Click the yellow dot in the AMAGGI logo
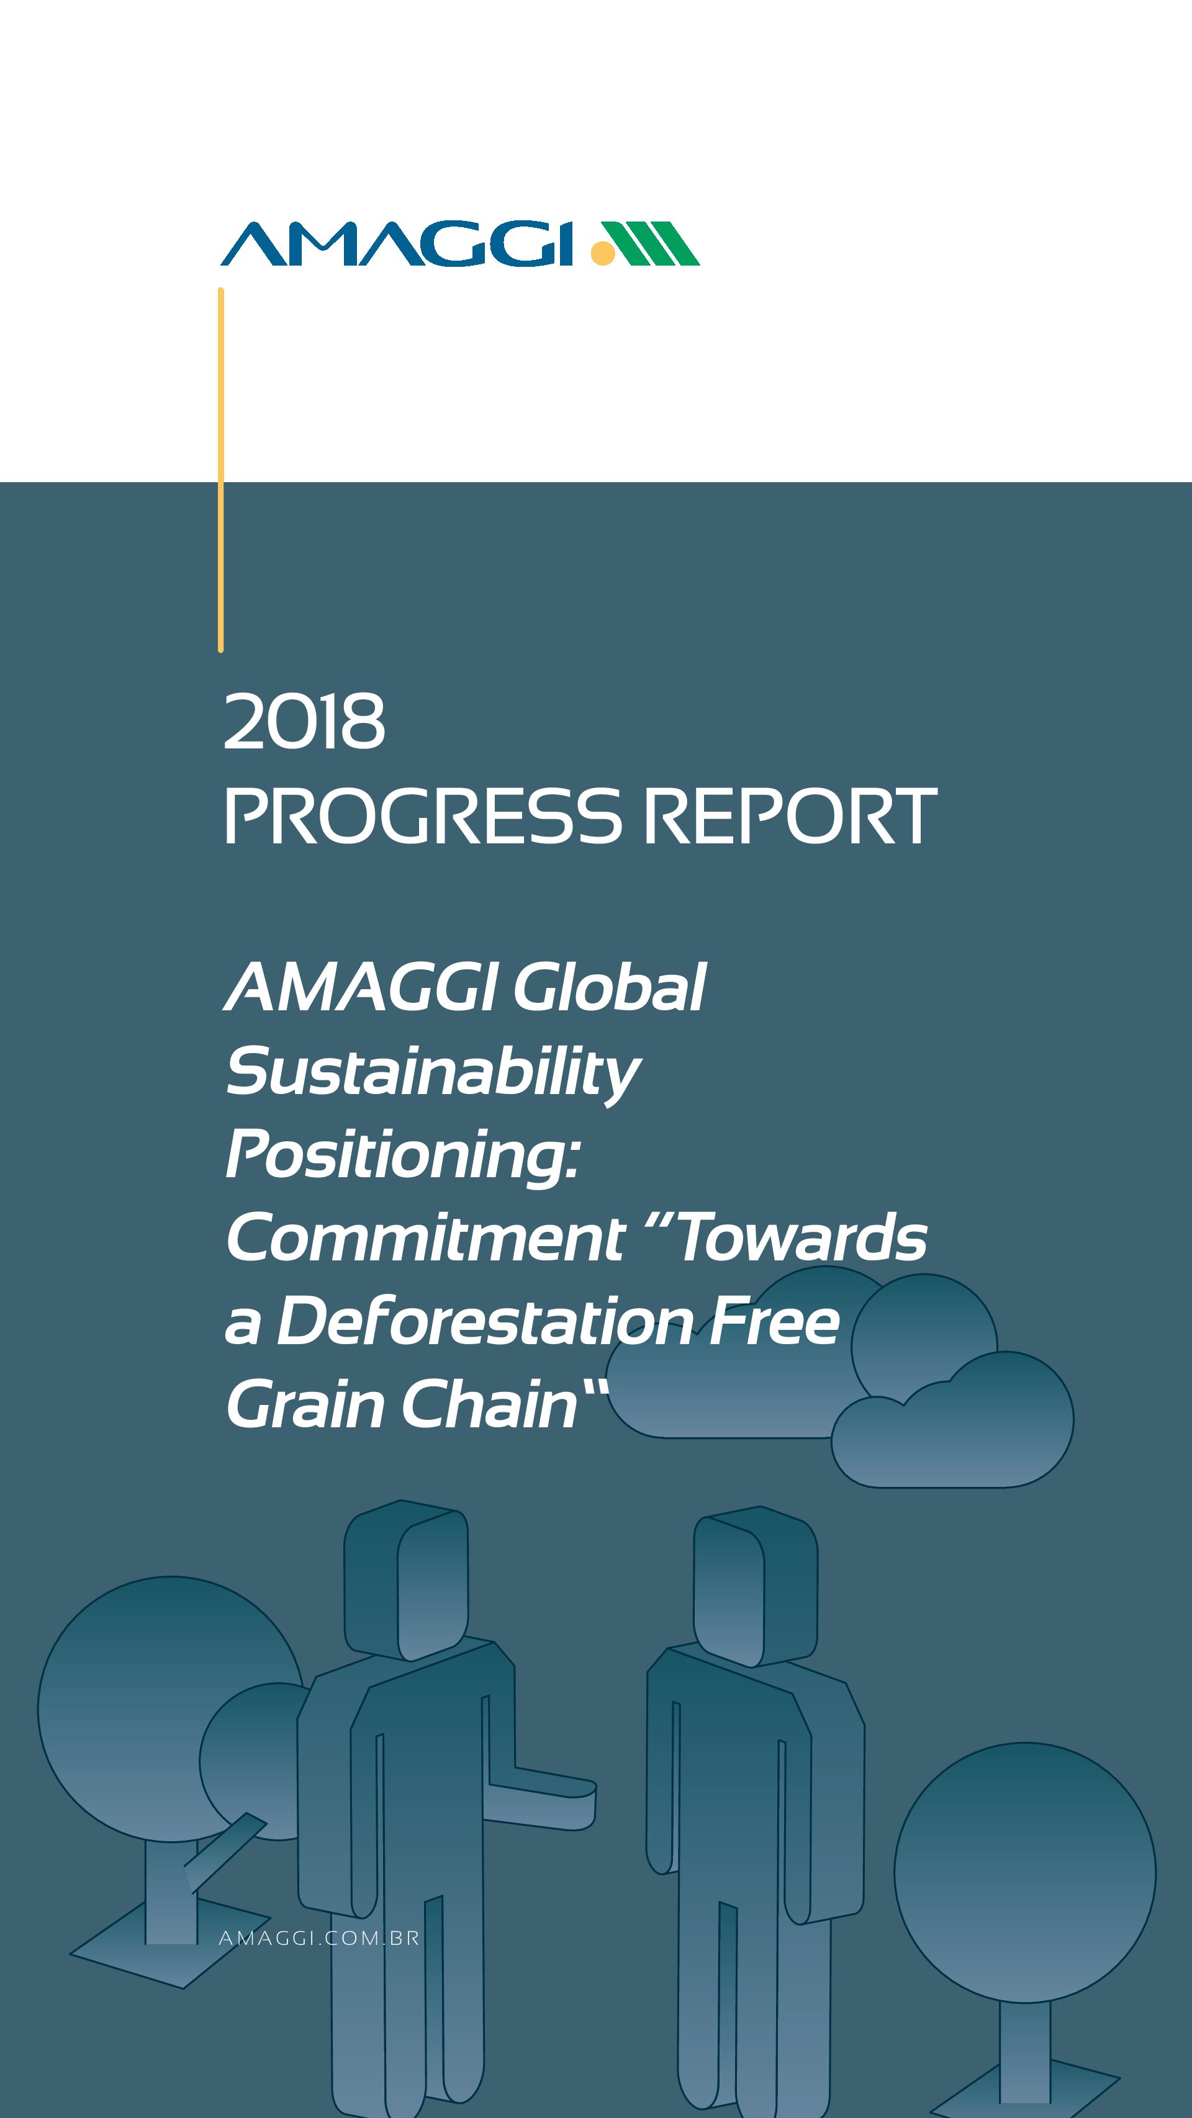pyautogui.click(x=603, y=253)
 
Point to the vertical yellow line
pyautogui.click(x=220, y=470)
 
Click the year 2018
pyautogui.click(x=304, y=721)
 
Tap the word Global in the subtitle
pyautogui.click(x=610, y=987)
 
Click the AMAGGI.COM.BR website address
pyautogui.click(x=319, y=1938)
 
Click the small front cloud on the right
pyautogui.click(x=952, y=1419)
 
